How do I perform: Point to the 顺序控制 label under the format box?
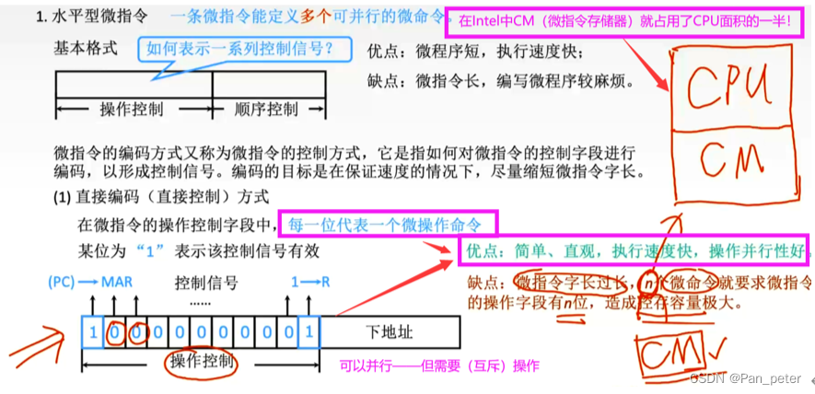(x=266, y=110)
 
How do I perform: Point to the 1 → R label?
(x=309, y=284)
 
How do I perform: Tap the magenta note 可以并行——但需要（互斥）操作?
(x=440, y=365)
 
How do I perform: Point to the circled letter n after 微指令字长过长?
(x=650, y=282)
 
